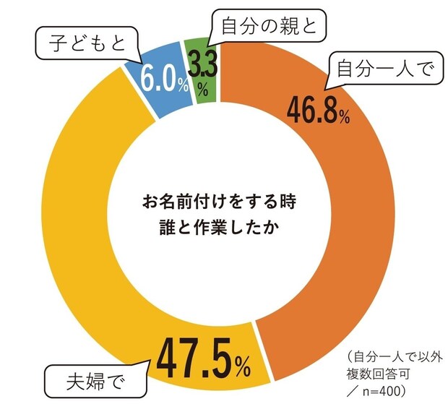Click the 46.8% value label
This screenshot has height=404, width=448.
(x=318, y=110)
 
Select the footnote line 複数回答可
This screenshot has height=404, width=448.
(x=380, y=373)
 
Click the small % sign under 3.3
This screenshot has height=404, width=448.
(x=204, y=90)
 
